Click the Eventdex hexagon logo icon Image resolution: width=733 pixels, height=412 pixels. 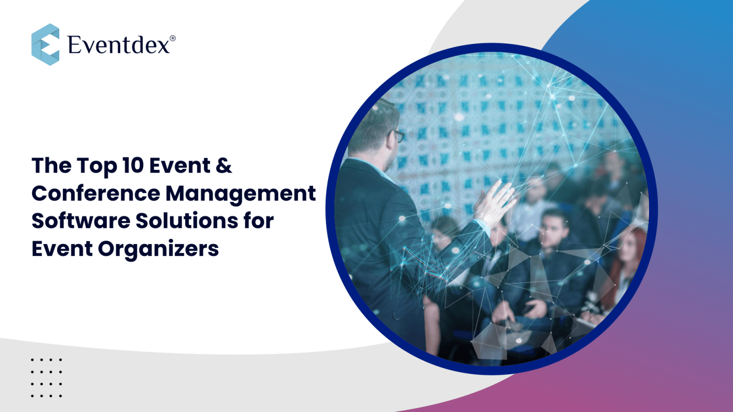[45, 44]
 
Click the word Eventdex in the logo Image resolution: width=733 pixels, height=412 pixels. [119, 45]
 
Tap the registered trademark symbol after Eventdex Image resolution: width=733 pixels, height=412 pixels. [173, 38]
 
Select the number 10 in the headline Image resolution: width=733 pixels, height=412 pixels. [133, 165]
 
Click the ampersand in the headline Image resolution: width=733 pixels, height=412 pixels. [224, 165]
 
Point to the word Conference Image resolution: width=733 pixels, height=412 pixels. [96, 193]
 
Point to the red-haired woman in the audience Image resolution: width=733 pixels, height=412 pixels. [628, 257]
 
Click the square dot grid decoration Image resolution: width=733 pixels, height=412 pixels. [46, 378]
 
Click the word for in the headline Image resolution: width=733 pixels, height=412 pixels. [260, 221]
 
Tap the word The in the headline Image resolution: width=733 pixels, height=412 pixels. [52, 165]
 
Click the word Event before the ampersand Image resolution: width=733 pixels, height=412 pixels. [179, 165]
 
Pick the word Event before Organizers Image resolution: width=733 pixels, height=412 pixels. [62, 248]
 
